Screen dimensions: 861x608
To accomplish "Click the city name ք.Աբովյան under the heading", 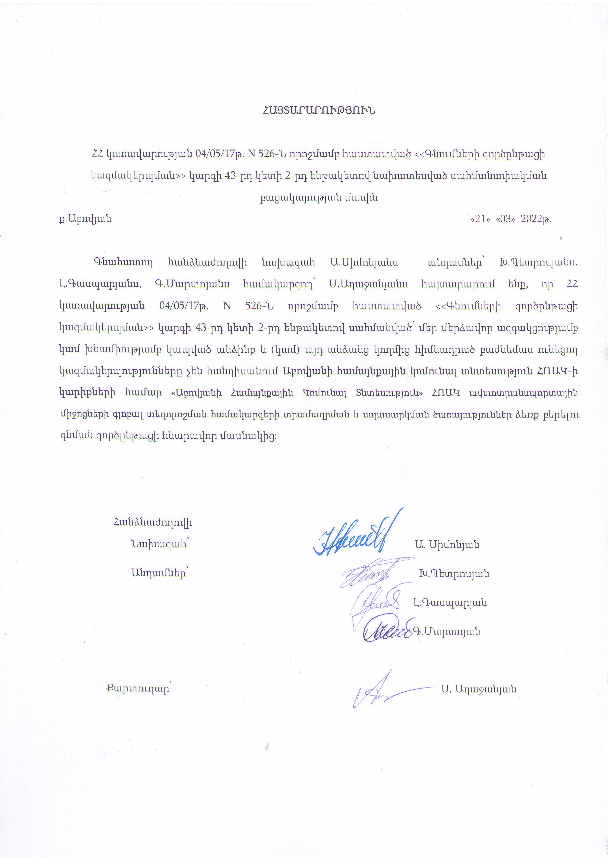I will pos(85,219).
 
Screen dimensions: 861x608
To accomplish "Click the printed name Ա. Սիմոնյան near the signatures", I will pos(447,544).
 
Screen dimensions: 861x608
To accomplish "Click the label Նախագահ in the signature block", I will pos(159,544).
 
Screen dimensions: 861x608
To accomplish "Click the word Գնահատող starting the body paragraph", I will pos(123,263).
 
